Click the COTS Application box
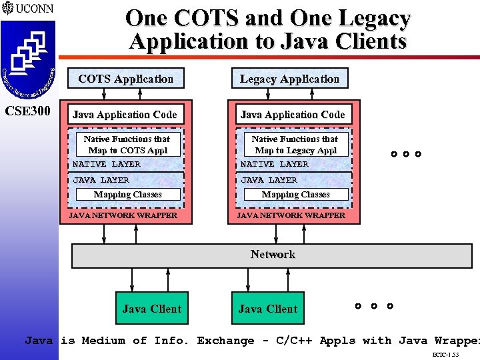(126, 79)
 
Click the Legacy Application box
(289, 79)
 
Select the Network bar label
(273, 254)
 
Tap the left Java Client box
(151, 309)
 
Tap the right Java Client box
(267, 309)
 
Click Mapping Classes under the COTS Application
(127, 195)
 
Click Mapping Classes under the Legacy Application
(295, 195)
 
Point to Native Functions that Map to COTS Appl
(127, 145)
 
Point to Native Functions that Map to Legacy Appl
(295, 145)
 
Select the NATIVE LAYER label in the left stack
(107, 164)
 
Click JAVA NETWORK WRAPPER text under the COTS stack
(124, 215)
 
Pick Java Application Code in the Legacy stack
(293, 115)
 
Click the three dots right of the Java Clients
(373, 307)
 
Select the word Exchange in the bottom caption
(225, 341)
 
